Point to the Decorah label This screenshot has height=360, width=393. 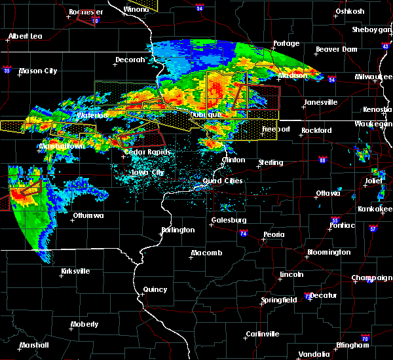(x=130, y=60)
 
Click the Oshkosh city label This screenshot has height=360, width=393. (x=350, y=11)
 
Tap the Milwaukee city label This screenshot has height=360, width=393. (x=374, y=77)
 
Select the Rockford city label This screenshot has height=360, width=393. (x=316, y=130)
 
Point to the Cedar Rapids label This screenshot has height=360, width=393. (x=147, y=152)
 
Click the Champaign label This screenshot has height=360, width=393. (x=372, y=278)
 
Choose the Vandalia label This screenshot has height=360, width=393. (x=313, y=354)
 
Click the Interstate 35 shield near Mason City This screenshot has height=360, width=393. (x=7, y=69)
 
